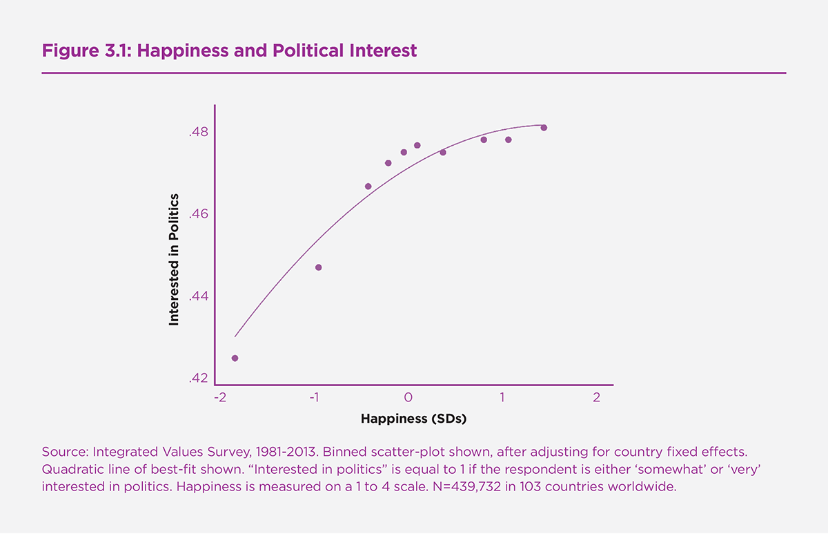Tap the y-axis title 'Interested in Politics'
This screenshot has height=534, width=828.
tap(174, 260)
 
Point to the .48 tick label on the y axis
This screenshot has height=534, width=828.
tap(199, 132)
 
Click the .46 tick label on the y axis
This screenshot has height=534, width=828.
tap(199, 214)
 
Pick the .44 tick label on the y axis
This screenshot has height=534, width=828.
tap(199, 296)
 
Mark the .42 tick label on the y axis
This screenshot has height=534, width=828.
tap(199, 379)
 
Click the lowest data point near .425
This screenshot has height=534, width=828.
tap(235, 358)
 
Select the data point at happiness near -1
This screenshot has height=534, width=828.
tap(318, 267)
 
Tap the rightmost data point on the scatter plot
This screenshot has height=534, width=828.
tap(544, 128)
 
